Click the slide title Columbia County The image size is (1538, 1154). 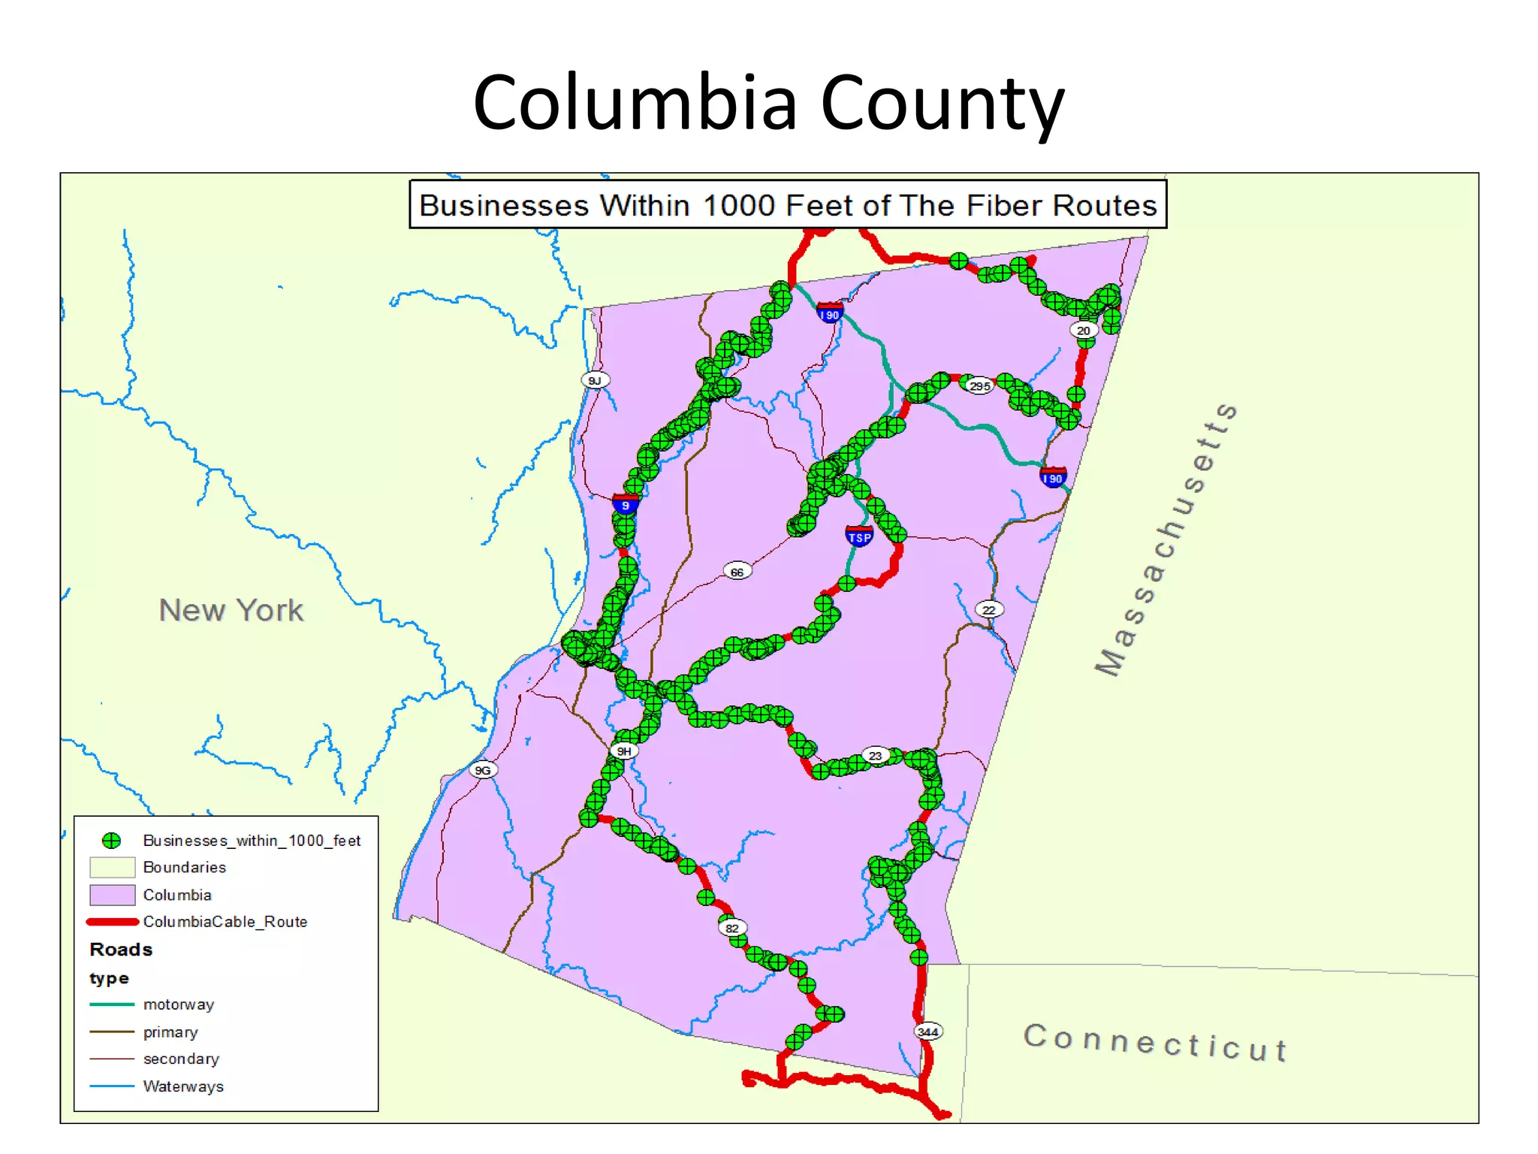tap(768, 103)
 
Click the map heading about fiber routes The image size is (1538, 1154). tap(787, 205)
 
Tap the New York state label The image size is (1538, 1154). tap(231, 610)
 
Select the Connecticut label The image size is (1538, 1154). tap(1155, 1042)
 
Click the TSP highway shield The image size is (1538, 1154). tap(858, 536)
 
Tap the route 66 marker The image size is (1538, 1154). tap(737, 572)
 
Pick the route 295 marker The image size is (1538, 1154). tap(979, 386)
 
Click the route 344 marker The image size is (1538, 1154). tap(928, 1032)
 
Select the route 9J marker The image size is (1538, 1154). tap(595, 380)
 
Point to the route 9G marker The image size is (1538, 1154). tap(483, 770)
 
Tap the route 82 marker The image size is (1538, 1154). tap(732, 928)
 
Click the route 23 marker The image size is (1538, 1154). tap(876, 755)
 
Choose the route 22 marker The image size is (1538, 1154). tap(989, 610)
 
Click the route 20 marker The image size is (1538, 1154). tap(1083, 330)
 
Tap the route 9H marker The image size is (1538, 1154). tap(624, 751)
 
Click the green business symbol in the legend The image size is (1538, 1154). tap(112, 840)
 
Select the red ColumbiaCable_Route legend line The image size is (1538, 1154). tap(113, 922)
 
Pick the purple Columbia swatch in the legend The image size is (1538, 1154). tap(112, 895)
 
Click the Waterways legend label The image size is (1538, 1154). tap(183, 1086)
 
